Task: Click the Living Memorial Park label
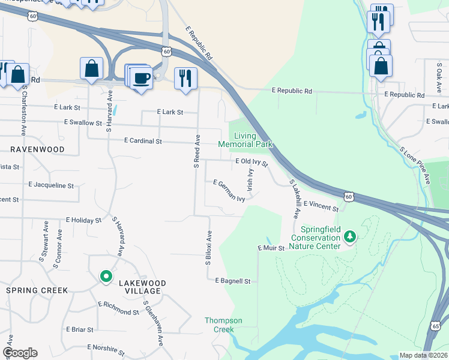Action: pyautogui.click(x=245, y=140)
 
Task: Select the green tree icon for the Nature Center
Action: pyautogui.click(x=350, y=238)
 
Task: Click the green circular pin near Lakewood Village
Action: pyautogui.click(x=106, y=277)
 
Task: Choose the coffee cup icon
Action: pyautogui.click(x=142, y=79)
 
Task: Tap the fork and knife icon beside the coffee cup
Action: pyautogui.click(x=185, y=78)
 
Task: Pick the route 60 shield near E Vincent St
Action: pyautogui.click(x=350, y=196)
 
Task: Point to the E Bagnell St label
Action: pyautogui.click(x=232, y=280)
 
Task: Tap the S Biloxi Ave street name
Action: pyautogui.click(x=209, y=246)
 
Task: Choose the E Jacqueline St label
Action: pyautogui.click(x=51, y=185)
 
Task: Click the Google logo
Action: pyautogui.click(x=20, y=353)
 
